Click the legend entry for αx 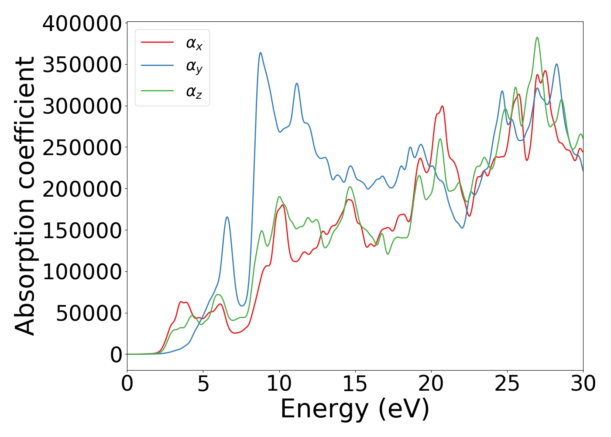coord(194,43)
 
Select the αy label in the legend coord(194,67)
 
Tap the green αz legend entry coord(194,92)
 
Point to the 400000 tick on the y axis coord(82,24)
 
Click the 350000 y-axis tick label coord(82,65)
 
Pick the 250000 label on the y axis coord(82,148)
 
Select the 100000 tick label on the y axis coord(82,272)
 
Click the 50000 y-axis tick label coord(89,313)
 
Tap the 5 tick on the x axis coord(203,384)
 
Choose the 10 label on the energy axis coord(279,384)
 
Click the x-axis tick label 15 coord(355,384)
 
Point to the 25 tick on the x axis coord(507,384)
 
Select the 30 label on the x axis coord(583,384)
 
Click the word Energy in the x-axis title coord(324,409)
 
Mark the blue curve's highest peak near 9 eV coord(261,53)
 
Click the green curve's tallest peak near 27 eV coord(537,38)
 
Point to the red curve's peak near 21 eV coord(442,106)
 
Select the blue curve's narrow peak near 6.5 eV coord(227,217)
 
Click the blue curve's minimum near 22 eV coord(462,228)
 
